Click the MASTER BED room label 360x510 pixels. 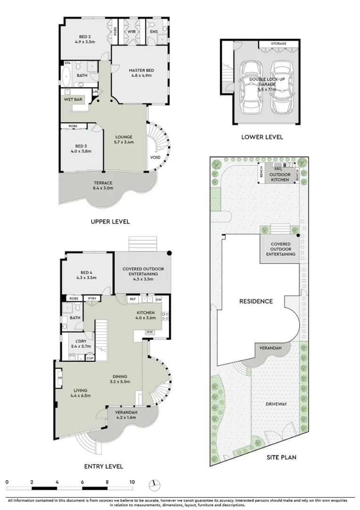pyautogui.click(x=142, y=70)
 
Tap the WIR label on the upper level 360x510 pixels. pyautogui.click(x=132, y=32)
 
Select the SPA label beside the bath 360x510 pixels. pyautogui.click(x=67, y=63)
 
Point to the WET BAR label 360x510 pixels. pyautogui.click(x=73, y=99)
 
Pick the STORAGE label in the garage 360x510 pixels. pyautogui.click(x=279, y=43)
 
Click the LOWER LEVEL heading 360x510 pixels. pyautogui.click(x=262, y=137)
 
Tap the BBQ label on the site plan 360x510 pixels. pyautogui.click(x=278, y=169)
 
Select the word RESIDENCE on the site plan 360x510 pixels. pyautogui.click(x=256, y=301)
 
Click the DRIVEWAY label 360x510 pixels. pyautogui.click(x=276, y=404)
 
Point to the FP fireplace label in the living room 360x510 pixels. pyautogui.click(x=60, y=378)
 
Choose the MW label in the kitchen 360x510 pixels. pyautogui.click(x=150, y=332)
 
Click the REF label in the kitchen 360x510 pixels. pyautogui.click(x=133, y=299)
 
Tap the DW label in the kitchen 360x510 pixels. pyautogui.click(x=159, y=299)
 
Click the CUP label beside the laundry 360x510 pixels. pyautogui.click(x=90, y=358)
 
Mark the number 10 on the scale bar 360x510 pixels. pyautogui.click(x=132, y=482)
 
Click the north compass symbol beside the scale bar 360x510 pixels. pyautogui.click(x=155, y=485)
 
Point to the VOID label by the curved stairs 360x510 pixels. pyautogui.click(x=155, y=157)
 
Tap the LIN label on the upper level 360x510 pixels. pyautogui.click(x=95, y=92)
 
